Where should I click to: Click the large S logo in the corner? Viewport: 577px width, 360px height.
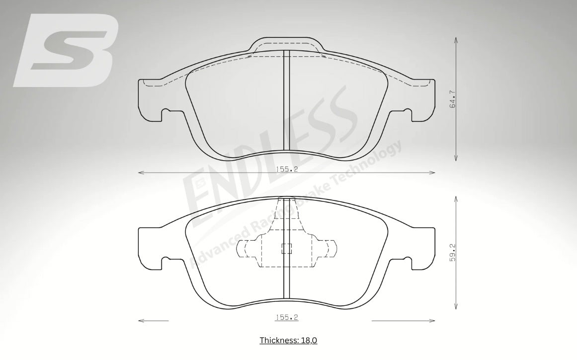(66, 50)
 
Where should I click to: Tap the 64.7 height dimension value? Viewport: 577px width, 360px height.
(453, 99)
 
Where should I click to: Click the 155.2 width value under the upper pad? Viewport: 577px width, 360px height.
(287, 170)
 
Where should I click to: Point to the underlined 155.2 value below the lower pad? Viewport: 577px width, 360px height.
(287, 317)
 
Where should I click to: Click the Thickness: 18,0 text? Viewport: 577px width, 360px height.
(288, 340)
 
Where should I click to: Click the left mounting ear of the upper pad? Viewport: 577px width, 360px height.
(150, 100)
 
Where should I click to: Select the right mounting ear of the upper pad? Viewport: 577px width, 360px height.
(423, 100)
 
